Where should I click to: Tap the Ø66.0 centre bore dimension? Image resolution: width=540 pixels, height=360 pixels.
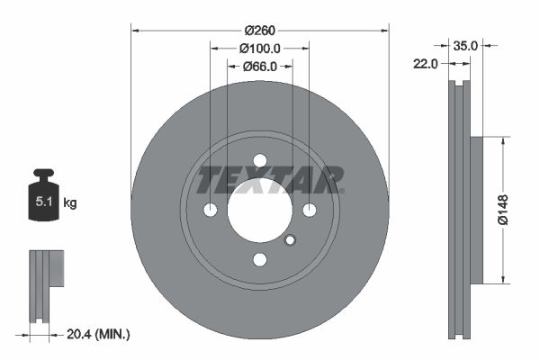click(x=260, y=66)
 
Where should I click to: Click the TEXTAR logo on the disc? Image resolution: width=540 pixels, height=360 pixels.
click(x=270, y=179)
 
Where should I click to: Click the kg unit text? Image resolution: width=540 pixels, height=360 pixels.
click(x=70, y=203)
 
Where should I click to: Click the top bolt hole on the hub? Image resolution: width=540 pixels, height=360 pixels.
click(x=260, y=161)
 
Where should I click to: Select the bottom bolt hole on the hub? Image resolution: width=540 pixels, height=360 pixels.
click(x=260, y=260)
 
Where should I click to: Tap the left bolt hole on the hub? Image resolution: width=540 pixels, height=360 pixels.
click(x=211, y=211)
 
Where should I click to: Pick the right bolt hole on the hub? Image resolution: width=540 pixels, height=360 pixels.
click(x=310, y=211)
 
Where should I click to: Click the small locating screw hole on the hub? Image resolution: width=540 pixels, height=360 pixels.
click(x=290, y=240)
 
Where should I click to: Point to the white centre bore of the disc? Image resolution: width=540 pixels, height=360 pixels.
click(x=260, y=211)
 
